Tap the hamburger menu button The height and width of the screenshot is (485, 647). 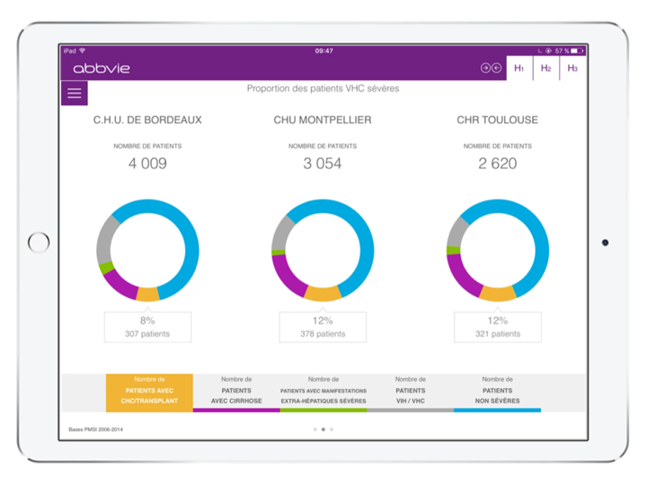74,93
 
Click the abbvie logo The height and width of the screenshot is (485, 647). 101,68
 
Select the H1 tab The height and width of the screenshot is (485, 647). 518,68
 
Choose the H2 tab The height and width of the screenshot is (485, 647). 545,68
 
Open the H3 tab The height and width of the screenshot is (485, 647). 572,68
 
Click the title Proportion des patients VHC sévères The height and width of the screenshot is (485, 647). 323,89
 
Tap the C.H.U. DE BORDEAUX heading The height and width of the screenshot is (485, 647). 147,119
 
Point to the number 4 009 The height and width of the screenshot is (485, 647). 147,163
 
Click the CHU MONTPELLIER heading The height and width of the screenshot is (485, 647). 323,119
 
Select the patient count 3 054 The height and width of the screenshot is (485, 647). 323,163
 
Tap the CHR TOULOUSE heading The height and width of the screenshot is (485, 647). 497,119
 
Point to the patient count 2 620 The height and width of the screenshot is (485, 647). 497,163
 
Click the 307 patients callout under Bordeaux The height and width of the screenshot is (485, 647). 147,327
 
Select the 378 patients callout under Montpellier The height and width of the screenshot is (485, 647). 323,327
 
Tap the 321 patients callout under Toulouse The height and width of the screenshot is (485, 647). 497,327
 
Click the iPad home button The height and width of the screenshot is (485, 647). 40,242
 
